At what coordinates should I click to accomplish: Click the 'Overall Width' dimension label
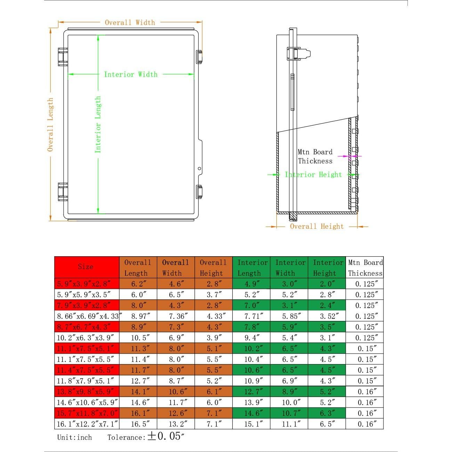coord(130,23)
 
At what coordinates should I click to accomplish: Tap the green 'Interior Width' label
coord(131,74)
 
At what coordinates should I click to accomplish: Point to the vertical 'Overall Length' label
coord(51,124)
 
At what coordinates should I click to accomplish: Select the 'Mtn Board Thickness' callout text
coord(315,156)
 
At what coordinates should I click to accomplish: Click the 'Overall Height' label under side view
coord(317,227)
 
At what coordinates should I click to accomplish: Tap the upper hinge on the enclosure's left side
coord(63,57)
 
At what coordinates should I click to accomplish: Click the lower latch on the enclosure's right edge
coord(199,192)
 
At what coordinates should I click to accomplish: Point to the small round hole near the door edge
coord(200,169)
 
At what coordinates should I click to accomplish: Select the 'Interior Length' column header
coord(252,268)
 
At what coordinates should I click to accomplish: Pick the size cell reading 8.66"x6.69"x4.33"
coord(88,316)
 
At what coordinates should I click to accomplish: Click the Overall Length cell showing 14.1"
coord(138,392)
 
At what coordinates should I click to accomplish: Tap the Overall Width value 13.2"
coord(176,424)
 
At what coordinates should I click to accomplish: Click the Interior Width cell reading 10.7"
coord(289,413)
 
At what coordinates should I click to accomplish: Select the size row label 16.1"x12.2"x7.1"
coord(88,424)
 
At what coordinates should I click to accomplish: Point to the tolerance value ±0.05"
coord(166,436)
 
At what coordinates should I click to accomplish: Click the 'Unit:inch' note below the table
coord(74,437)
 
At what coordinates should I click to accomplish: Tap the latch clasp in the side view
coord(298,54)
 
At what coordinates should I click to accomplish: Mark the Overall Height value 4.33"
coord(213,316)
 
